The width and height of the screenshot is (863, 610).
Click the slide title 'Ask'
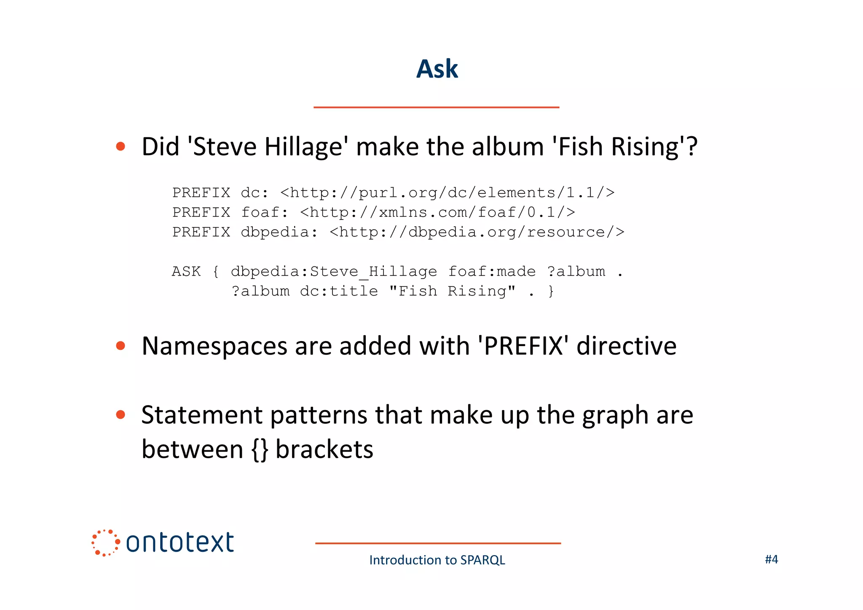coord(437,69)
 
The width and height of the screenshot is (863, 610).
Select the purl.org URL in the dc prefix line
coord(447,193)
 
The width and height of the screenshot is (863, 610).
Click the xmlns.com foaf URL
coord(437,212)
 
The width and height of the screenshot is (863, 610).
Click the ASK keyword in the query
coord(186,271)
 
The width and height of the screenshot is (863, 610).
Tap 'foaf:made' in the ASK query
coord(492,271)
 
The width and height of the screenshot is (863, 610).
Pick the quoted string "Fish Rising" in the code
coord(452,291)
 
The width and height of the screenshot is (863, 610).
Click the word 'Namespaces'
coord(214,347)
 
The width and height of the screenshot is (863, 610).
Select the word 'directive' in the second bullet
coord(626,347)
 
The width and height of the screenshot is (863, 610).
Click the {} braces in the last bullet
coord(260,450)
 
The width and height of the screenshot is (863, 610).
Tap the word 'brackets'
coord(324,449)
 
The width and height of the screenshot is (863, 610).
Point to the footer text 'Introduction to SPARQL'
coord(437,560)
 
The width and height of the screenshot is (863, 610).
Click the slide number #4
coord(771,559)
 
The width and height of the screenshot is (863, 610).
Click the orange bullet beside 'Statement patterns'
coord(121,415)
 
